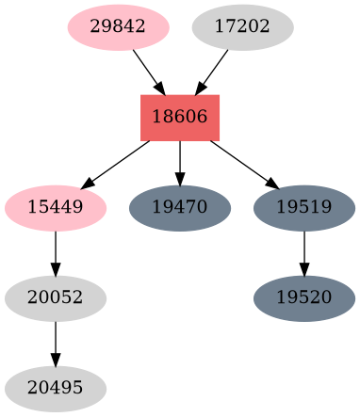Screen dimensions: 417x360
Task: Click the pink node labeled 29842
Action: click(118, 26)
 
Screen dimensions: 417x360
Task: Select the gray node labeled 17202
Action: click(242, 26)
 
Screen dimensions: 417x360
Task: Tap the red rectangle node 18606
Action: click(180, 118)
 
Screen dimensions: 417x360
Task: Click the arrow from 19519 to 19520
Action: click(304, 252)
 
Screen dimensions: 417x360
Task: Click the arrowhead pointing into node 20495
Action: click(56, 361)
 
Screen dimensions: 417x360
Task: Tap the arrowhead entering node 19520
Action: click(304, 270)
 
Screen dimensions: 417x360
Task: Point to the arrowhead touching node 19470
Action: click(180, 180)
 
